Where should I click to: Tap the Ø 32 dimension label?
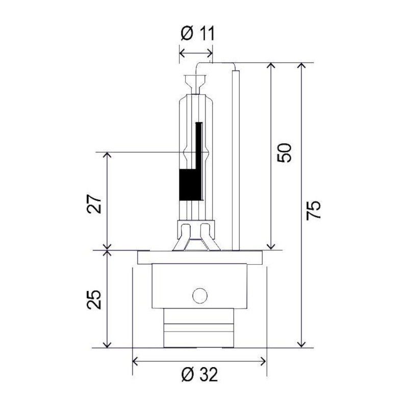click(x=199, y=375)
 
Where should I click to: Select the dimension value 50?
click(x=284, y=152)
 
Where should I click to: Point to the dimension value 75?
click(x=313, y=211)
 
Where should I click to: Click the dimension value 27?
click(x=94, y=203)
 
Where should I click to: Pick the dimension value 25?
click(x=94, y=299)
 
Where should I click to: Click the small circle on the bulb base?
click(x=200, y=296)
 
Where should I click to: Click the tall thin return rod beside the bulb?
click(x=236, y=160)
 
